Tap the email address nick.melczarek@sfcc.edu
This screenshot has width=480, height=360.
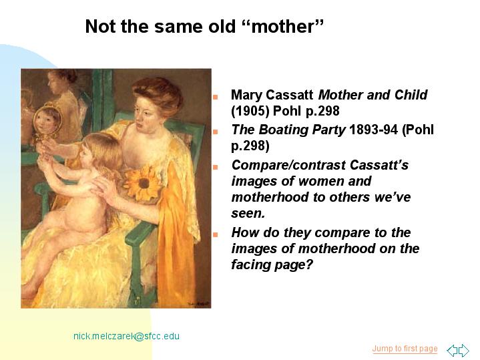(x=126, y=336)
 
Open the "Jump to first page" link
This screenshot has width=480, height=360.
(x=405, y=349)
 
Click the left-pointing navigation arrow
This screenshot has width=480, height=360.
(x=452, y=350)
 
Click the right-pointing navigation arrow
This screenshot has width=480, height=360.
(x=464, y=350)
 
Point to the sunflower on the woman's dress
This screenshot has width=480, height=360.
(x=144, y=183)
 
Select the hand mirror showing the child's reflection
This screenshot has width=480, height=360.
(x=47, y=120)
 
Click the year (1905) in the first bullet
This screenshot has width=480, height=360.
(x=250, y=111)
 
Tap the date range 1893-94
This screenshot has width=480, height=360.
(x=373, y=130)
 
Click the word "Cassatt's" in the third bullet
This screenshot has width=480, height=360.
(x=379, y=165)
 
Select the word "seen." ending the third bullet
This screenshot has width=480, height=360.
(x=248, y=213)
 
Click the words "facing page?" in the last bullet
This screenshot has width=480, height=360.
(x=272, y=264)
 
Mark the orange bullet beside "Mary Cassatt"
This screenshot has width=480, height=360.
(x=216, y=97)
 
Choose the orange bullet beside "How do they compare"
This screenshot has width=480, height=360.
(x=216, y=234)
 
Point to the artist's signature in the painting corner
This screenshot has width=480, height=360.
(x=198, y=304)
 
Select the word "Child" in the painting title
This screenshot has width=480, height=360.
(x=411, y=95)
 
